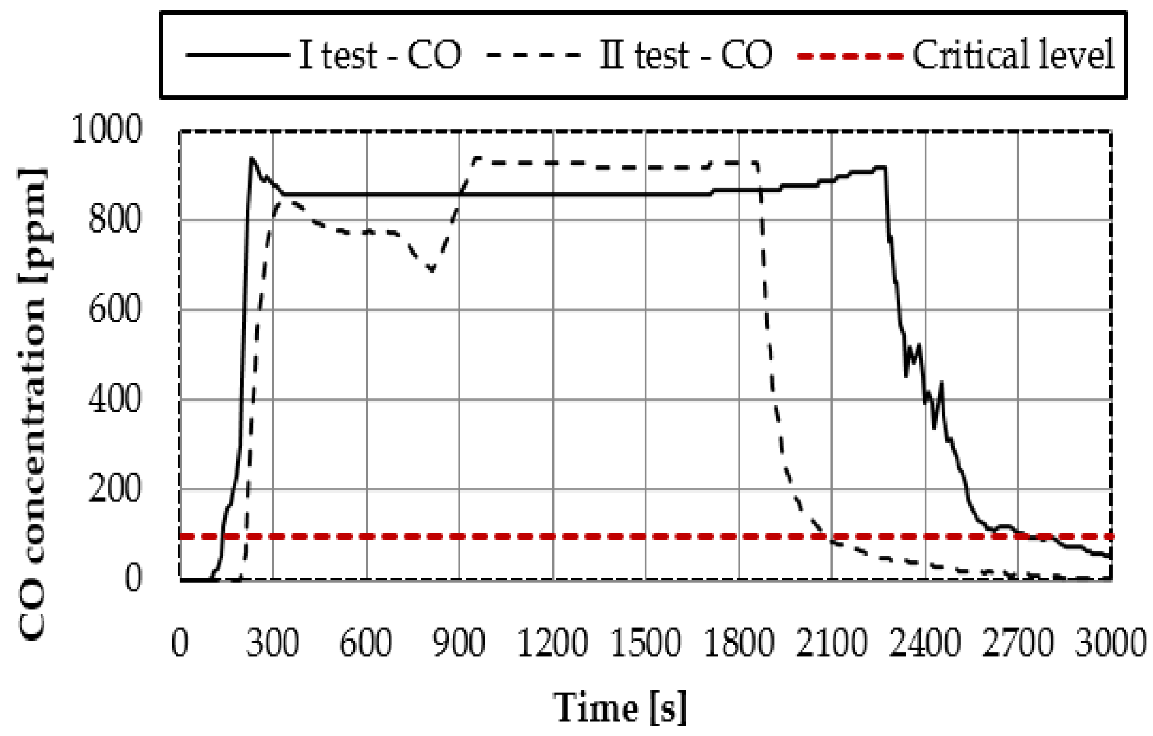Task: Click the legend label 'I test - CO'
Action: (x=380, y=55)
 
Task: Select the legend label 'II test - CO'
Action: (x=686, y=55)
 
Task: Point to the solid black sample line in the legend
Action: (x=237, y=55)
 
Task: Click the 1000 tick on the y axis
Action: (x=106, y=130)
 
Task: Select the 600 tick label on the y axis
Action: (x=114, y=310)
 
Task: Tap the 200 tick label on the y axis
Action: (x=114, y=489)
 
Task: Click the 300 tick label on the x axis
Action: (x=272, y=643)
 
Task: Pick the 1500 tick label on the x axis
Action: (x=645, y=643)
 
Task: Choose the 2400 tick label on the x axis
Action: (x=925, y=643)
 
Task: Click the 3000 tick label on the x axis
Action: (x=1110, y=643)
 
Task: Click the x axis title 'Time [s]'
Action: (x=620, y=707)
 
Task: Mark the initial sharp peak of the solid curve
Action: (x=252, y=159)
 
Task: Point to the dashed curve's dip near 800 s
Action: (x=431, y=269)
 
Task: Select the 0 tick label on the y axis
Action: (x=133, y=578)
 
